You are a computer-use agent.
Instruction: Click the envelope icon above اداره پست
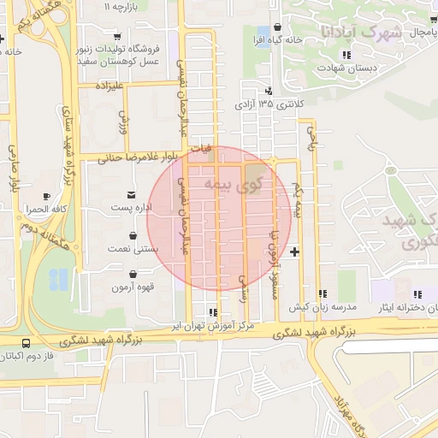pyautogui.click(x=131, y=194)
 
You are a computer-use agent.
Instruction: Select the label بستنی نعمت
pyautogui.click(x=130, y=248)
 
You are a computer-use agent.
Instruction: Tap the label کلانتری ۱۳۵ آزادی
pyautogui.click(x=269, y=104)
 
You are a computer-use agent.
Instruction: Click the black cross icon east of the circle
pyautogui.click(x=295, y=252)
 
